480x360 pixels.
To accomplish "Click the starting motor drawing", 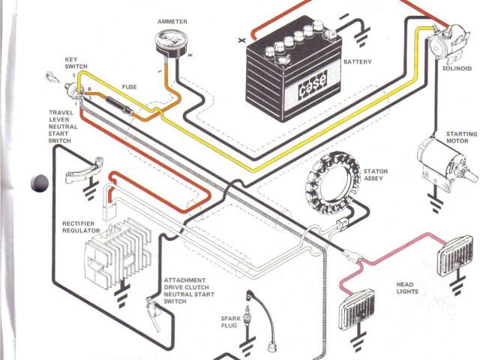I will pos(442,162).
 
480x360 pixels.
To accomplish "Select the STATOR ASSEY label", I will pos(376,175).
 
